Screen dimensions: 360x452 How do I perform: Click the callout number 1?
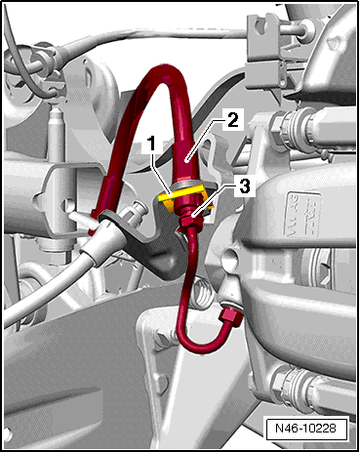pos(152,144)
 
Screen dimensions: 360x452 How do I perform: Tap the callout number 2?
pos(233,120)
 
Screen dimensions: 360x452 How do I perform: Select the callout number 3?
pos(244,187)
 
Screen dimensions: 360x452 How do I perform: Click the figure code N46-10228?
pos(305,428)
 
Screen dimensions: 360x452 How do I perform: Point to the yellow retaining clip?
pos(183,198)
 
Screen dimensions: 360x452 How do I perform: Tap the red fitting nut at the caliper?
pos(231,317)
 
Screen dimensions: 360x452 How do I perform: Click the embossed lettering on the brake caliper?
pos(303,214)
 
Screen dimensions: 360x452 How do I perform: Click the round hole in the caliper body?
pos(230,257)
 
